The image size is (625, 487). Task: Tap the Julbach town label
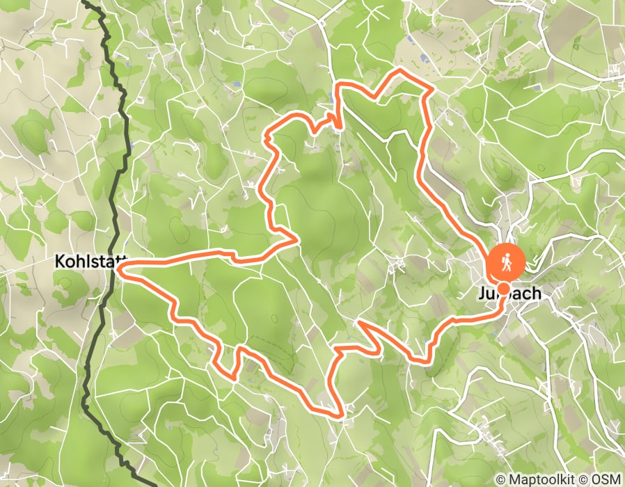(509, 294)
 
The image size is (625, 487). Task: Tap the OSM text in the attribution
(608, 480)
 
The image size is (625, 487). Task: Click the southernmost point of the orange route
(340, 417)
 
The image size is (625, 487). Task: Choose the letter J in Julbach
(481, 294)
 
